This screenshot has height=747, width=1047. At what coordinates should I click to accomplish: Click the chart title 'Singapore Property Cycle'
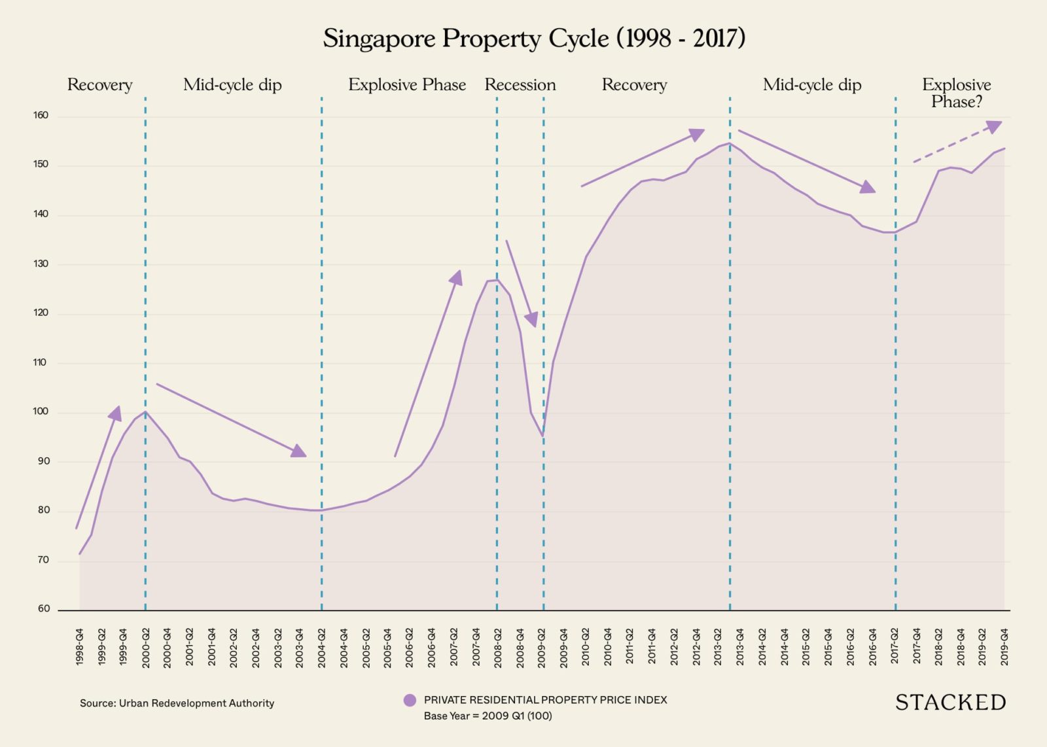(533, 39)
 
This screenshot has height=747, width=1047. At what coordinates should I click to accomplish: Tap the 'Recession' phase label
(520, 85)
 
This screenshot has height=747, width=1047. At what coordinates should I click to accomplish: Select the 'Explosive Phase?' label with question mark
(956, 93)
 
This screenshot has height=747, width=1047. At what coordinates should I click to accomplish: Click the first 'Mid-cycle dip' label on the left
(232, 85)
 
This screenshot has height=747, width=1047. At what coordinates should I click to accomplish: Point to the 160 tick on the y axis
(41, 116)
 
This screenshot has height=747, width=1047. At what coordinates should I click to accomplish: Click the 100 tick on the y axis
(41, 412)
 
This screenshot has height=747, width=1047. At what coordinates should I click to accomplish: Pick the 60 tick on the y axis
(44, 609)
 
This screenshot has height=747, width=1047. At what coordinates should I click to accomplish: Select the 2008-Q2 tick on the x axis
(498, 647)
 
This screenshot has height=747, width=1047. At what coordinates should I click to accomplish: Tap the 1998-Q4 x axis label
(80, 647)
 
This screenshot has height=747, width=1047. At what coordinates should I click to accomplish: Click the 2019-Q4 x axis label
(1004, 647)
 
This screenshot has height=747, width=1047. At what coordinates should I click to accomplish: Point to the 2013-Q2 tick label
(719, 647)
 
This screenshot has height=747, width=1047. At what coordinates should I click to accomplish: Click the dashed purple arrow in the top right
(957, 142)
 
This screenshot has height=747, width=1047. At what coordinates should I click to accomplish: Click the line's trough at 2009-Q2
(542, 436)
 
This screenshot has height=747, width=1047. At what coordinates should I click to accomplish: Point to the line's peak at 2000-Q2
(145, 411)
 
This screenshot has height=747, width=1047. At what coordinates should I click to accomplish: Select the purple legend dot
(410, 701)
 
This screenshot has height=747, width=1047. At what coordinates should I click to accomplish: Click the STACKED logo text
(950, 703)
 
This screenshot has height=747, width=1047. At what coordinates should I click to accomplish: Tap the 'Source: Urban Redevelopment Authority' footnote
(177, 703)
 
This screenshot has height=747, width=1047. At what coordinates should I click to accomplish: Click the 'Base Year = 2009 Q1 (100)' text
(488, 716)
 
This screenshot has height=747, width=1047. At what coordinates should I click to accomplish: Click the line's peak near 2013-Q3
(729, 143)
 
